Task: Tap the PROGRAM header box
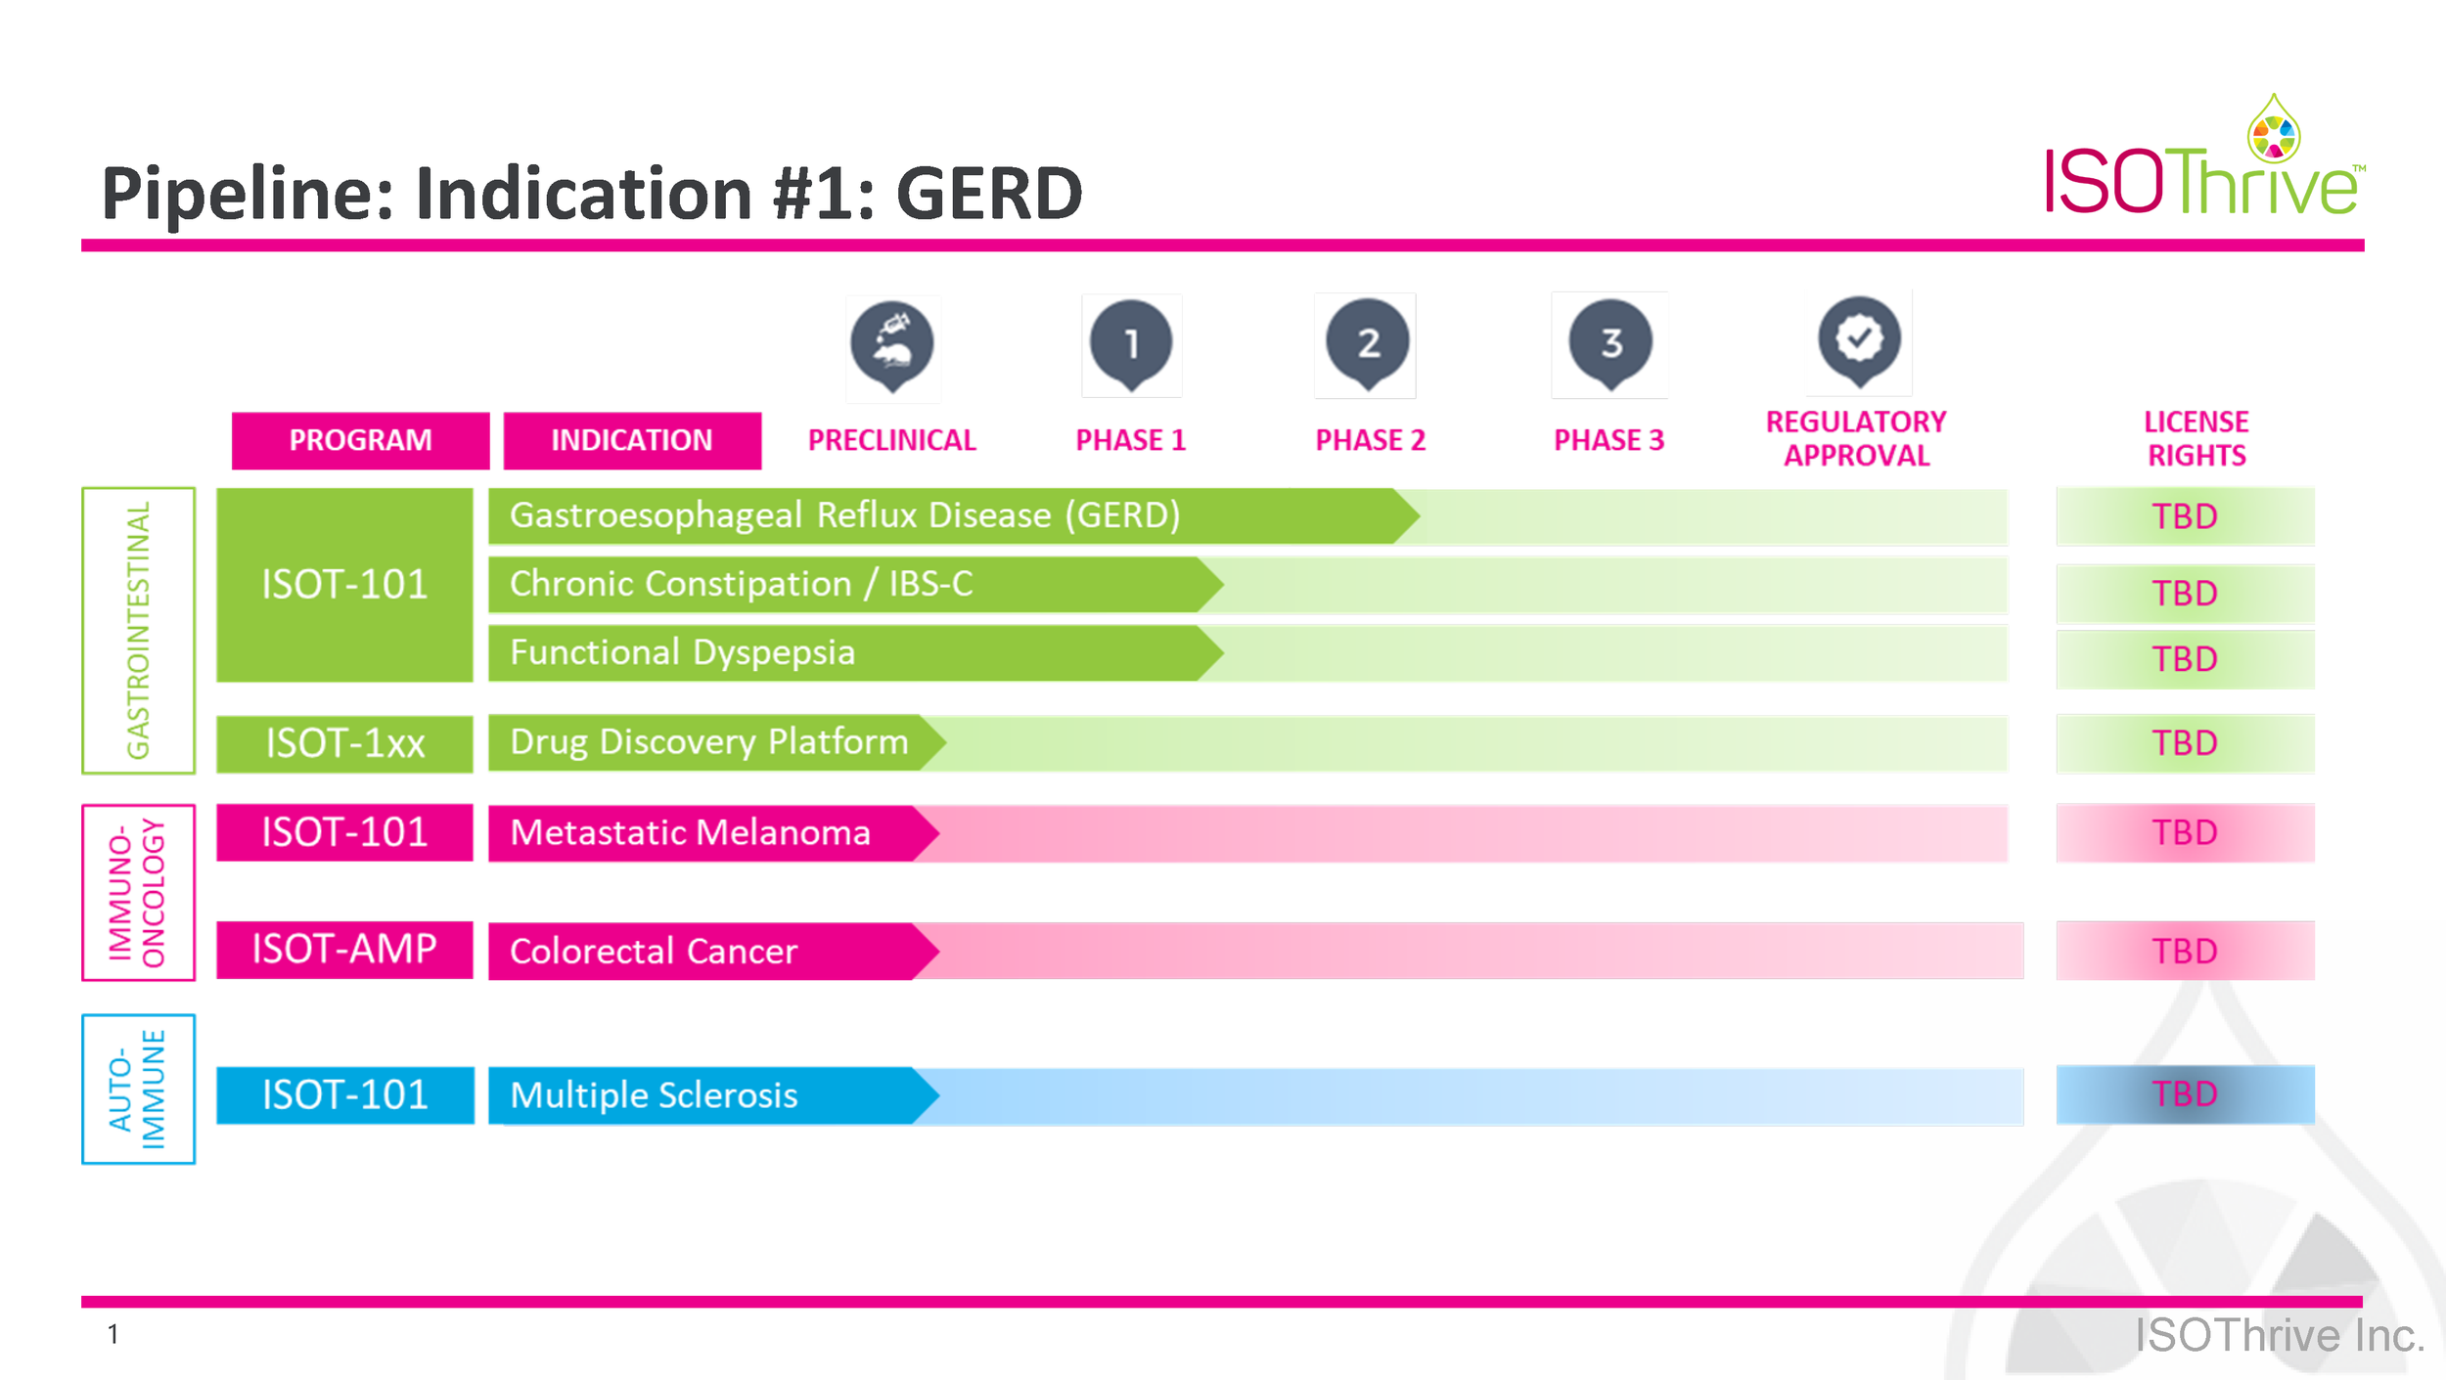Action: click(360, 440)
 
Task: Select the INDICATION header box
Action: click(632, 440)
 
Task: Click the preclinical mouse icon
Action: click(892, 345)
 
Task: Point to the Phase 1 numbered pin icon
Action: click(1132, 344)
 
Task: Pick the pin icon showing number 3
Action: click(1610, 344)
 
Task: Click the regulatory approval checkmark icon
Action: click(1859, 340)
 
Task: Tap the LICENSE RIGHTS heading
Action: click(2197, 438)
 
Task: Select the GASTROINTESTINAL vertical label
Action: click(139, 630)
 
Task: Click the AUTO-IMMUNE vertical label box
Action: click(139, 1089)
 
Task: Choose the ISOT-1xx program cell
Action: click(344, 743)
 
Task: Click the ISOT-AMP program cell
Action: click(344, 950)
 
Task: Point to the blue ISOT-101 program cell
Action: click(344, 1094)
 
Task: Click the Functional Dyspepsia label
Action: click(682, 652)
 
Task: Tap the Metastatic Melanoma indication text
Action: click(690, 832)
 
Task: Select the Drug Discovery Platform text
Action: click(709, 741)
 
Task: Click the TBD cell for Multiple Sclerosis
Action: click(2185, 1094)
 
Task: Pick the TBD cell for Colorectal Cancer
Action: click(2185, 951)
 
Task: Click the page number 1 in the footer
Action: click(113, 1334)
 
